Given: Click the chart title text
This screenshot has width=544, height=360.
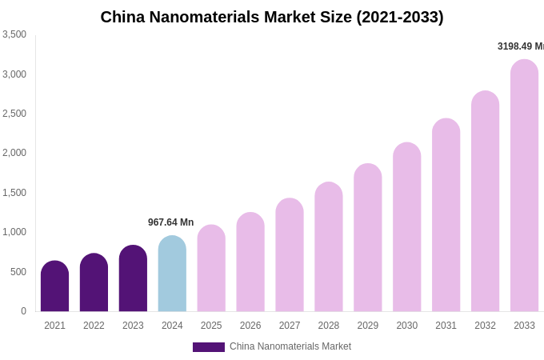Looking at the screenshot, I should coord(272,17).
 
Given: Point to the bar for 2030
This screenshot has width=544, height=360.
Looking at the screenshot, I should coord(406,227).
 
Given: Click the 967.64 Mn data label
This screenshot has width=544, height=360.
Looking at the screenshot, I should coord(170,222).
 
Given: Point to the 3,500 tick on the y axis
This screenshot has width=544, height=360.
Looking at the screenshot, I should coord(14,34).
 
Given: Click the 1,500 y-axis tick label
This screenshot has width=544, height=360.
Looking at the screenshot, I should coord(14,193).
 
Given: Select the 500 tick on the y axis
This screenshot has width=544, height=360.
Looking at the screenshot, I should coord(18,272).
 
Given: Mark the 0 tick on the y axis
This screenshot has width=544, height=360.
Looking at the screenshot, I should coord(23,311).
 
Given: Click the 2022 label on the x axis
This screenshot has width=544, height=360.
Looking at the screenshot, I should coord(94,326).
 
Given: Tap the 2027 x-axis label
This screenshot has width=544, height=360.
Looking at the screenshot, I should coord(290,326).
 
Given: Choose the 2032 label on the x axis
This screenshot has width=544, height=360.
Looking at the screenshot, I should coord(485,326).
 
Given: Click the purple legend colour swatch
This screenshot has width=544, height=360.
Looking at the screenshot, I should coord(208,347).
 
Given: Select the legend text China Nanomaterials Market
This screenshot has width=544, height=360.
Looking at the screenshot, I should coord(290,346).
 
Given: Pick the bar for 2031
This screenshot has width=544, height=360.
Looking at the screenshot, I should coord(446,215).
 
